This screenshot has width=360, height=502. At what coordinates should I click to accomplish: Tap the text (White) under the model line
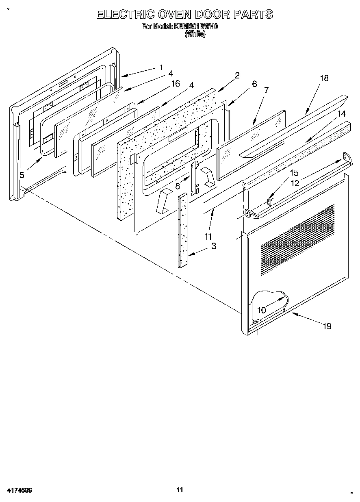coord(195,35)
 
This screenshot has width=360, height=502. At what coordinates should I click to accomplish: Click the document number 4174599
coord(20,490)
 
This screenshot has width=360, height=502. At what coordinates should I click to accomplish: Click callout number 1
coord(161,67)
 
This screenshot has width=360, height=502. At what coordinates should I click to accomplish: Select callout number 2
coord(237,75)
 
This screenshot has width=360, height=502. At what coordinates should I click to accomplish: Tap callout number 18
coord(324,78)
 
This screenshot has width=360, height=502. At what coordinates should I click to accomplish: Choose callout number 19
coord(327,326)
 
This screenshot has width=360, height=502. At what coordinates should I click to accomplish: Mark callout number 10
coord(262,310)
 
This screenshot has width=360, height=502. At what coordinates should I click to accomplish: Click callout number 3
coord(213,246)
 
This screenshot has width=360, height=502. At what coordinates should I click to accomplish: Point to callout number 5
coord(22,175)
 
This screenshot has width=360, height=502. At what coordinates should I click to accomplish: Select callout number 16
coord(175,84)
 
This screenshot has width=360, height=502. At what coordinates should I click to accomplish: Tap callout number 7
coord(266,90)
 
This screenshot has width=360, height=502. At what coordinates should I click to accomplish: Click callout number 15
coord(294,173)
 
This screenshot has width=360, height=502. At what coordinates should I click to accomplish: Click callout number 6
coord(254,84)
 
